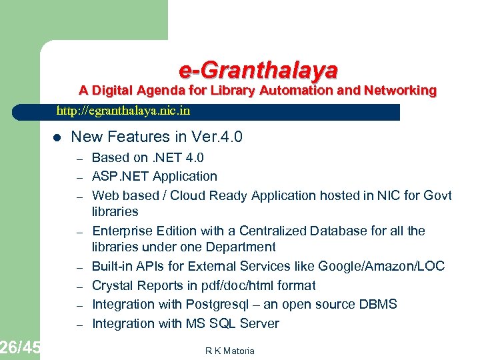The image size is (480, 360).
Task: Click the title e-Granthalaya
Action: pos(258,69)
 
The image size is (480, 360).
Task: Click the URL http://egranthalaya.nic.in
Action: pos(123,111)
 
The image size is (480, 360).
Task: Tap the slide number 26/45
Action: pos(20,347)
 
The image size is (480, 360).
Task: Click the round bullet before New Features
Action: pos(57,138)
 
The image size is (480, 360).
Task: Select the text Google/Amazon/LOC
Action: pos(381,266)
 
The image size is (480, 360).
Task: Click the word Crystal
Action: pos(112,285)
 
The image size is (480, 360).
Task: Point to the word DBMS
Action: pos(377,305)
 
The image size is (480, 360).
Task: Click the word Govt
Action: pos(437,195)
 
